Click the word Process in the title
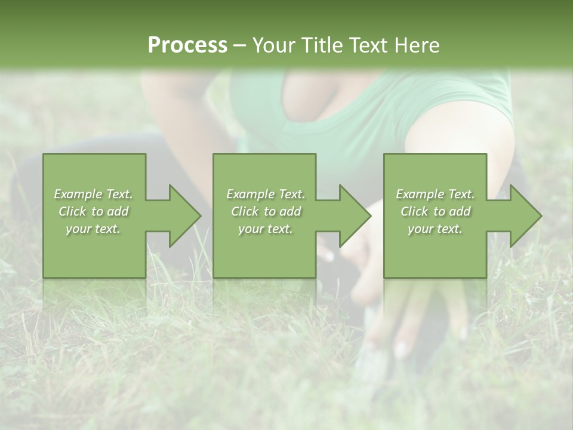pos(187,45)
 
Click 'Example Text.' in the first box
pos(93,194)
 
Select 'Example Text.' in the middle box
pos(266,194)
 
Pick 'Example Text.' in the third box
pos(435,194)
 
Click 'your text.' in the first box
pos(93,229)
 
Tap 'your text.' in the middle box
pos(266,229)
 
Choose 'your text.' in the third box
pos(435,229)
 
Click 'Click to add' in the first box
pos(93,211)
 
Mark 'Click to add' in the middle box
pos(266,211)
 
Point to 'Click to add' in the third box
pos(435,211)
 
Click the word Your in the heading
pos(273,45)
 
